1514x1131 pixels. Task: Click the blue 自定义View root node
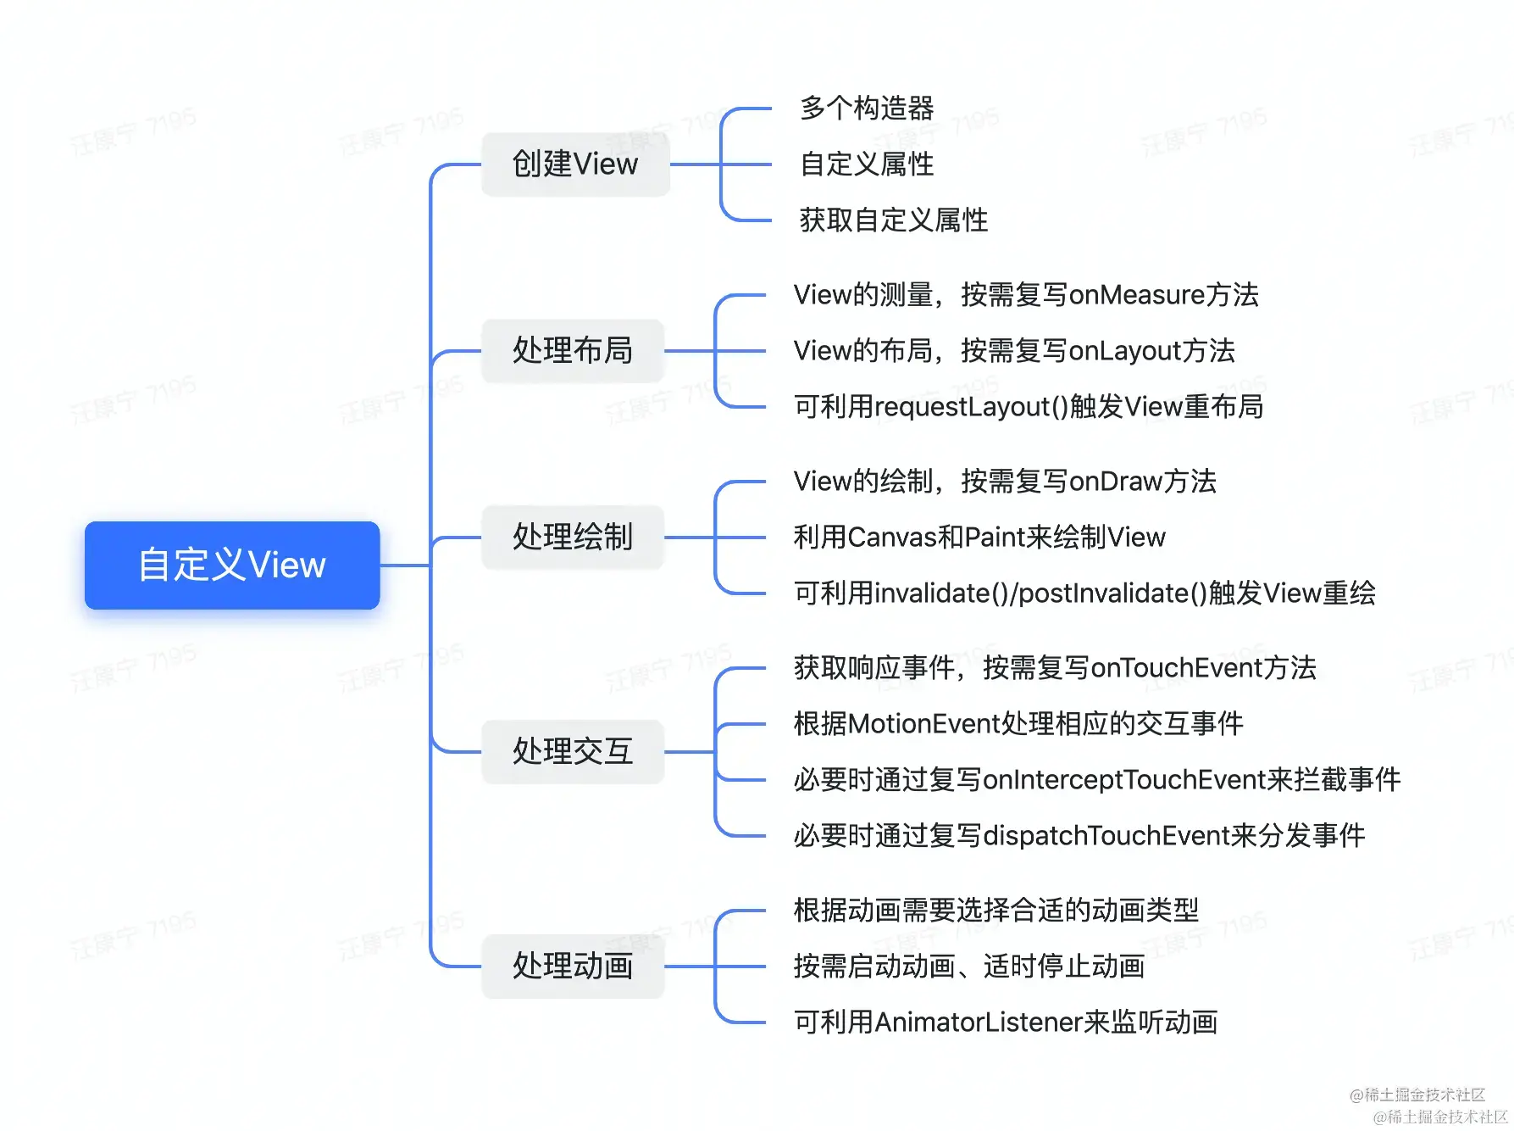pyautogui.click(x=231, y=565)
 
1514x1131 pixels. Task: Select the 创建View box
pyautogui.click(x=575, y=164)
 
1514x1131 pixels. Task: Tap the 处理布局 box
pyautogui.click(x=573, y=350)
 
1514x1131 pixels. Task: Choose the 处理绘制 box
pyautogui.click(x=573, y=537)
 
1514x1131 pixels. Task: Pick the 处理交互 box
pyautogui.click(x=573, y=751)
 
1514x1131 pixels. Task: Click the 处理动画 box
pyautogui.click(x=573, y=966)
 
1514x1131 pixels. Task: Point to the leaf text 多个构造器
pyautogui.click(x=867, y=109)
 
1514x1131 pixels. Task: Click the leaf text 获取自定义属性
pyautogui.click(x=894, y=220)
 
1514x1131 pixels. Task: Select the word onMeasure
pyautogui.click(x=1136, y=295)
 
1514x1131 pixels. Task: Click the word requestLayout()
pyautogui.click(x=971, y=407)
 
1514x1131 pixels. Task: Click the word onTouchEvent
pyautogui.click(x=1177, y=668)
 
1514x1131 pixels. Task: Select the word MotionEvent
pyautogui.click(x=924, y=724)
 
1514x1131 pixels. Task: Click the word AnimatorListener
pyautogui.click(x=979, y=1022)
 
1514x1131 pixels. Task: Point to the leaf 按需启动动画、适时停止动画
pyautogui.click(x=969, y=967)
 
